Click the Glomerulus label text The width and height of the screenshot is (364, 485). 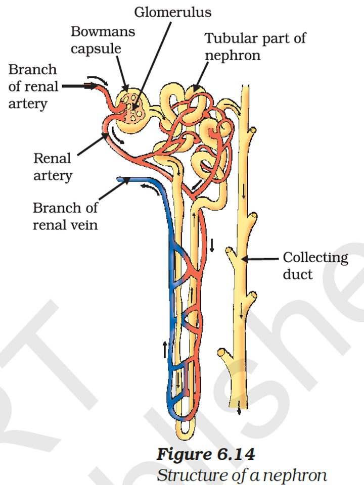[x=172, y=11]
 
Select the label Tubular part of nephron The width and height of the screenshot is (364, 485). [x=255, y=45]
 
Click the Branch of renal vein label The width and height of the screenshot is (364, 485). [x=65, y=216]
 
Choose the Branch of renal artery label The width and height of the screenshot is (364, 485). [x=33, y=86]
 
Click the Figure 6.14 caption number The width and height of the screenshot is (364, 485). [x=205, y=454]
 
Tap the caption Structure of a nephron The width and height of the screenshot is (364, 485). [x=242, y=475]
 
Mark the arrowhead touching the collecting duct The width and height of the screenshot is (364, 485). [x=246, y=259]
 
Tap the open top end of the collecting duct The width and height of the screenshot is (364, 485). [x=246, y=89]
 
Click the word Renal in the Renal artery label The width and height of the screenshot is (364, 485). [x=52, y=159]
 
